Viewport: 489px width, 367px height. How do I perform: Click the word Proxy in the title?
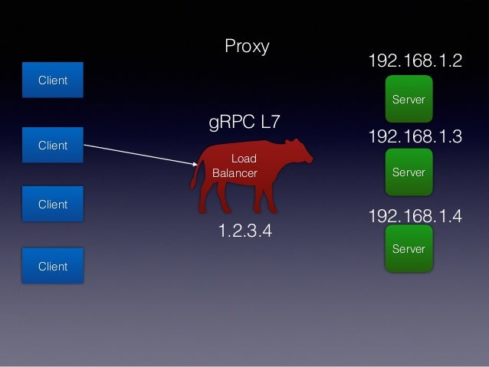[247, 47]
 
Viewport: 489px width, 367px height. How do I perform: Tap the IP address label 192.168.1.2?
[415, 61]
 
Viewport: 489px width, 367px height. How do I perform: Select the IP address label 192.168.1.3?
[415, 137]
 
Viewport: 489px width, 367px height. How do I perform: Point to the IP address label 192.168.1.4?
[415, 216]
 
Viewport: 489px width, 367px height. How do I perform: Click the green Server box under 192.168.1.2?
[409, 98]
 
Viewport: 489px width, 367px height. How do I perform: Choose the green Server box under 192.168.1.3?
[409, 172]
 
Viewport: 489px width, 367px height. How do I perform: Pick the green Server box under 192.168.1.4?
[409, 248]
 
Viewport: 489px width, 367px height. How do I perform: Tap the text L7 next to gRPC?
[269, 123]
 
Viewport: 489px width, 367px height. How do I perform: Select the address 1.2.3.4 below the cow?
[245, 231]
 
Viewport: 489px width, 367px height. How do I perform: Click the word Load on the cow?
[244, 159]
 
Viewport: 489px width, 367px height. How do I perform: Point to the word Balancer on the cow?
[235, 173]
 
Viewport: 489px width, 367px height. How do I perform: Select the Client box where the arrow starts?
[53, 145]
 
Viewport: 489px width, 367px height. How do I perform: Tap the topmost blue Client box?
[53, 80]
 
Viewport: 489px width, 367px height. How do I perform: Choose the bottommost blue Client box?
[53, 266]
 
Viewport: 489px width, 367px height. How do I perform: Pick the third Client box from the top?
[53, 205]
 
